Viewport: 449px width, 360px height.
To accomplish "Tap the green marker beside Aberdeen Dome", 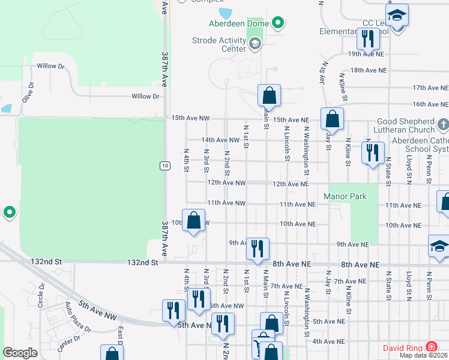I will pos(277,24).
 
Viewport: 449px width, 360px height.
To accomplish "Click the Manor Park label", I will pos(345,196).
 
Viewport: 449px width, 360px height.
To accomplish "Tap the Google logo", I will pos(20,353).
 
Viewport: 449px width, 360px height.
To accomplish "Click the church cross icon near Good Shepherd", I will pos(443,125).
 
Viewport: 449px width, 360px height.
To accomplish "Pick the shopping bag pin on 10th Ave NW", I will pos(193,220).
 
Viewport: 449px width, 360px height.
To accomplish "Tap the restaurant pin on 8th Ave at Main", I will pos(258,249).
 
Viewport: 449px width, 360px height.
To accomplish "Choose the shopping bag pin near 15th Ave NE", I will pos(332,119).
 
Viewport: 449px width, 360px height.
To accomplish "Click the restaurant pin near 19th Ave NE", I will pos(367,39).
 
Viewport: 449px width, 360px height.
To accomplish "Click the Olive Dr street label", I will pos(28,93).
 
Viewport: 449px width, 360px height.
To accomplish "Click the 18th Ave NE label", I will pos(367,70).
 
